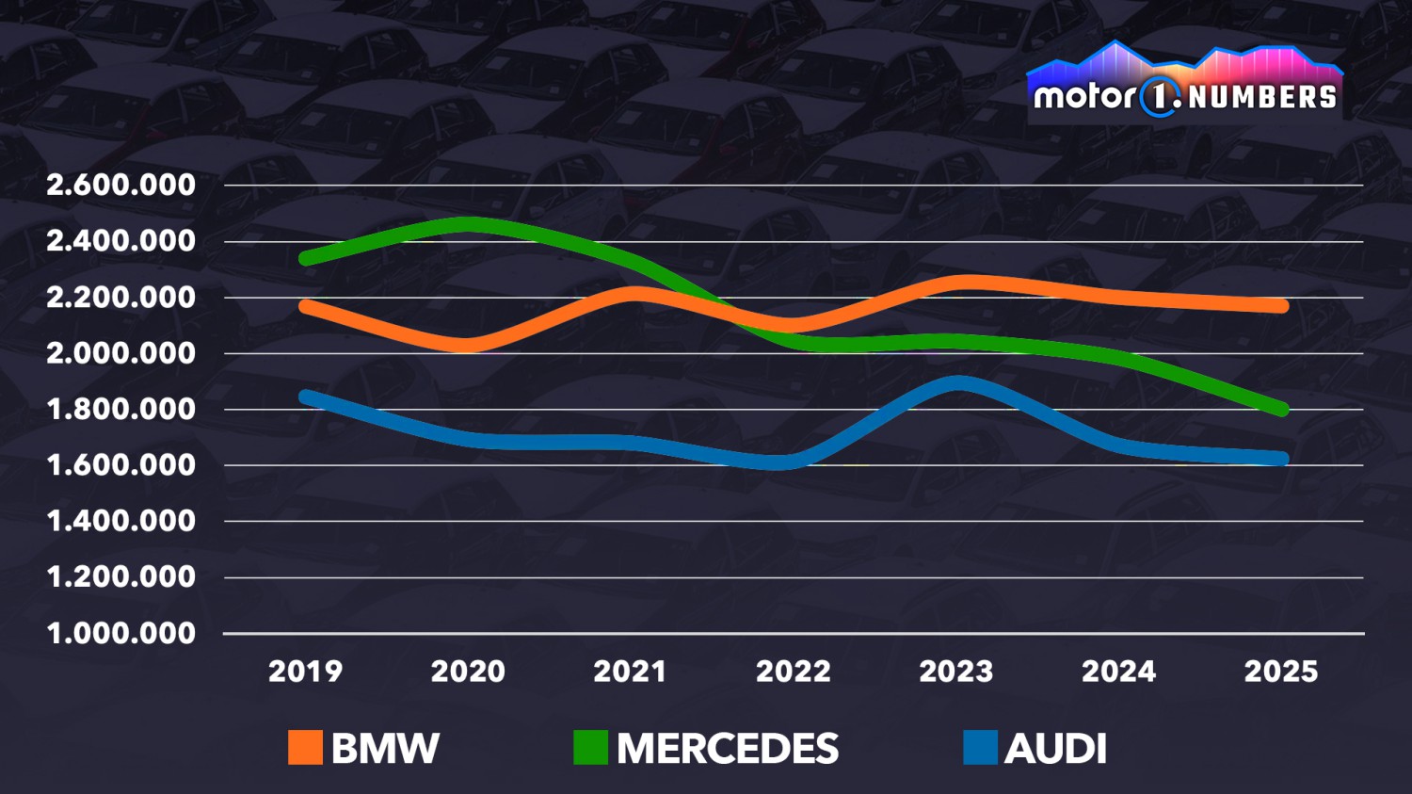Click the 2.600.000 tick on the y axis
pyautogui.click(x=120, y=185)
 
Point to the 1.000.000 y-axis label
pyautogui.click(x=120, y=633)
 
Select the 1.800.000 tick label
pyautogui.click(x=120, y=409)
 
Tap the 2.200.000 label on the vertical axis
pyautogui.click(x=120, y=297)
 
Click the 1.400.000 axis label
pyautogui.click(x=120, y=521)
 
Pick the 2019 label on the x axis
pyautogui.click(x=305, y=672)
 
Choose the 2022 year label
pyautogui.click(x=793, y=672)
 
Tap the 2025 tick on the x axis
pyautogui.click(x=1281, y=672)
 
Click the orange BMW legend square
pyautogui.click(x=305, y=748)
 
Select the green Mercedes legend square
pyautogui.click(x=590, y=748)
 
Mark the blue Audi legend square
pyautogui.click(x=980, y=748)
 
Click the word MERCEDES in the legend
pyautogui.click(x=727, y=749)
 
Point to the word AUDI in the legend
pyautogui.click(x=1055, y=749)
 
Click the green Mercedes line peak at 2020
pyautogui.click(x=468, y=225)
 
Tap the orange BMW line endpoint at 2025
pyautogui.click(x=1281, y=306)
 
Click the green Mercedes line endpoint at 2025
pyautogui.click(x=1281, y=409)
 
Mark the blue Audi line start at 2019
pyautogui.click(x=306, y=397)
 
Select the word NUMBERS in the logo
pyautogui.click(x=1262, y=97)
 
